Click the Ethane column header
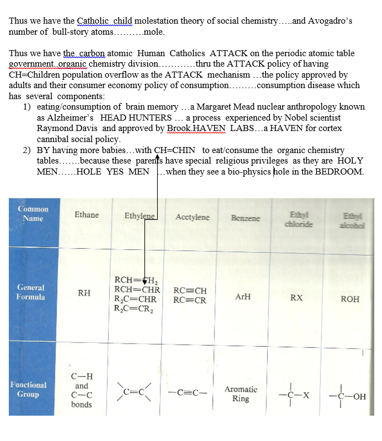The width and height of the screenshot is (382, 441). click(x=87, y=215)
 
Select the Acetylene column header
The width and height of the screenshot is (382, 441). click(x=192, y=217)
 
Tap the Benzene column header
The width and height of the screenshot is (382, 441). click(x=246, y=218)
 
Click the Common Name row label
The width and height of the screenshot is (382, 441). click(x=33, y=214)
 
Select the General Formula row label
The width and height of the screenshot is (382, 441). click(x=31, y=292)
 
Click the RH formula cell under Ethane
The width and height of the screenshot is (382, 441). click(x=84, y=293)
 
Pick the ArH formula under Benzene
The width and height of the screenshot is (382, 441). click(x=243, y=296)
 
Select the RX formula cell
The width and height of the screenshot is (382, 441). click(x=297, y=298)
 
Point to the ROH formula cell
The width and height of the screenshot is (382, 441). click(x=350, y=299)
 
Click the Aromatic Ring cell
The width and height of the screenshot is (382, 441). click(x=241, y=394)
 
